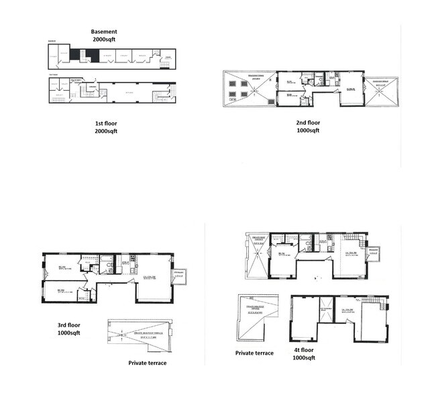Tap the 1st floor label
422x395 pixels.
coord(106,124)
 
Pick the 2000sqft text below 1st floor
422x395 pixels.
coord(106,132)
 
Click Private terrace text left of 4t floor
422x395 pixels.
coord(254,353)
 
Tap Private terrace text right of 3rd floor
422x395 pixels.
coord(148,363)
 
